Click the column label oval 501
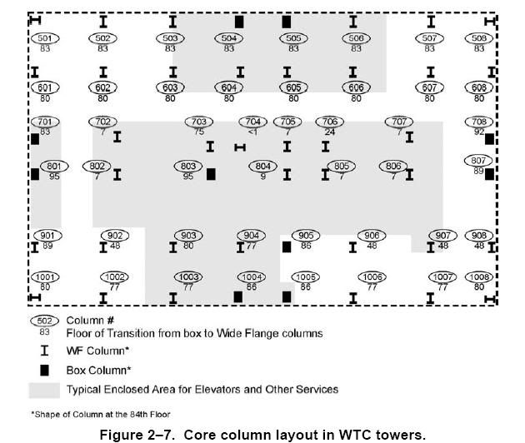[x=45, y=38]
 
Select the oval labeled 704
[x=254, y=122]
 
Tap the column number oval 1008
[x=479, y=276]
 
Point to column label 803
[x=188, y=167]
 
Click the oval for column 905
[x=306, y=236]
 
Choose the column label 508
[x=479, y=38]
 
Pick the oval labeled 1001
[x=45, y=276]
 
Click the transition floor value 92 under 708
[x=478, y=132]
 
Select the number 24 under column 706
[x=330, y=132]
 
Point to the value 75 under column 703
[x=198, y=132]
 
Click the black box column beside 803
[x=211, y=174]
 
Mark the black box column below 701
[x=35, y=138]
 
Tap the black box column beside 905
[x=287, y=246]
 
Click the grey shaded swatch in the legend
[x=45, y=389]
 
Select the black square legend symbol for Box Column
[x=45, y=370]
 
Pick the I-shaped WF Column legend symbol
[x=45, y=351]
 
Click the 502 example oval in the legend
[x=45, y=321]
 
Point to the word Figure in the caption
[x=122, y=434]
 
